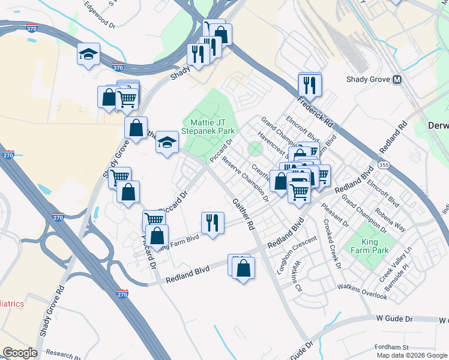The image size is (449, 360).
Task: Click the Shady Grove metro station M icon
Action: tap(397, 79)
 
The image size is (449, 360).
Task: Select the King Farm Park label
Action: tap(370, 245)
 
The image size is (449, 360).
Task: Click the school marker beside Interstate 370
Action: tap(88, 55)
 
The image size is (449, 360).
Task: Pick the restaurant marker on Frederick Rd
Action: tap(310, 85)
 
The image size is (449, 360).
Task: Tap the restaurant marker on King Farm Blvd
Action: tap(212, 223)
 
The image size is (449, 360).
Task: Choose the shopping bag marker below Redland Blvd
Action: tap(243, 269)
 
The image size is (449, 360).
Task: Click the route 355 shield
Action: tap(382, 163)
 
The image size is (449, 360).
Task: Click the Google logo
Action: tap(20, 353)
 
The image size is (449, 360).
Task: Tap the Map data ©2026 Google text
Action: tap(412, 355)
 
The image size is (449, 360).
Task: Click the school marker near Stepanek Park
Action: tap(167, 142)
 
